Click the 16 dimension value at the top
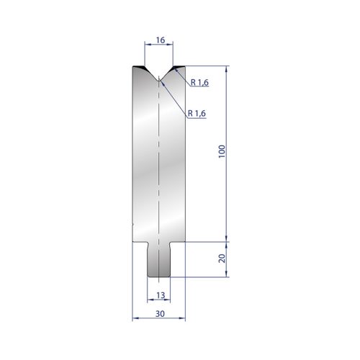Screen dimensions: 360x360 tap(161, 40)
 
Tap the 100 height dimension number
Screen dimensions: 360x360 tap(222, 151)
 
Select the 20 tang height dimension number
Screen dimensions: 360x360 tap(222, 258)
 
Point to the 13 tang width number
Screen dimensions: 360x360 tap(161, 295)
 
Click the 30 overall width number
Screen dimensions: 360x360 tap(160, 313)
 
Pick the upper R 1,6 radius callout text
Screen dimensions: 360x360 tap(199, 83)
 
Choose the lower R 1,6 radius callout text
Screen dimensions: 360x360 tap(197, 113)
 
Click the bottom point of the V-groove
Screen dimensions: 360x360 tap(159, 81)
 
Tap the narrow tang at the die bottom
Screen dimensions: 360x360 tap(159, 260)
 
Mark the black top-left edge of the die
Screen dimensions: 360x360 tap(139, 66)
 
